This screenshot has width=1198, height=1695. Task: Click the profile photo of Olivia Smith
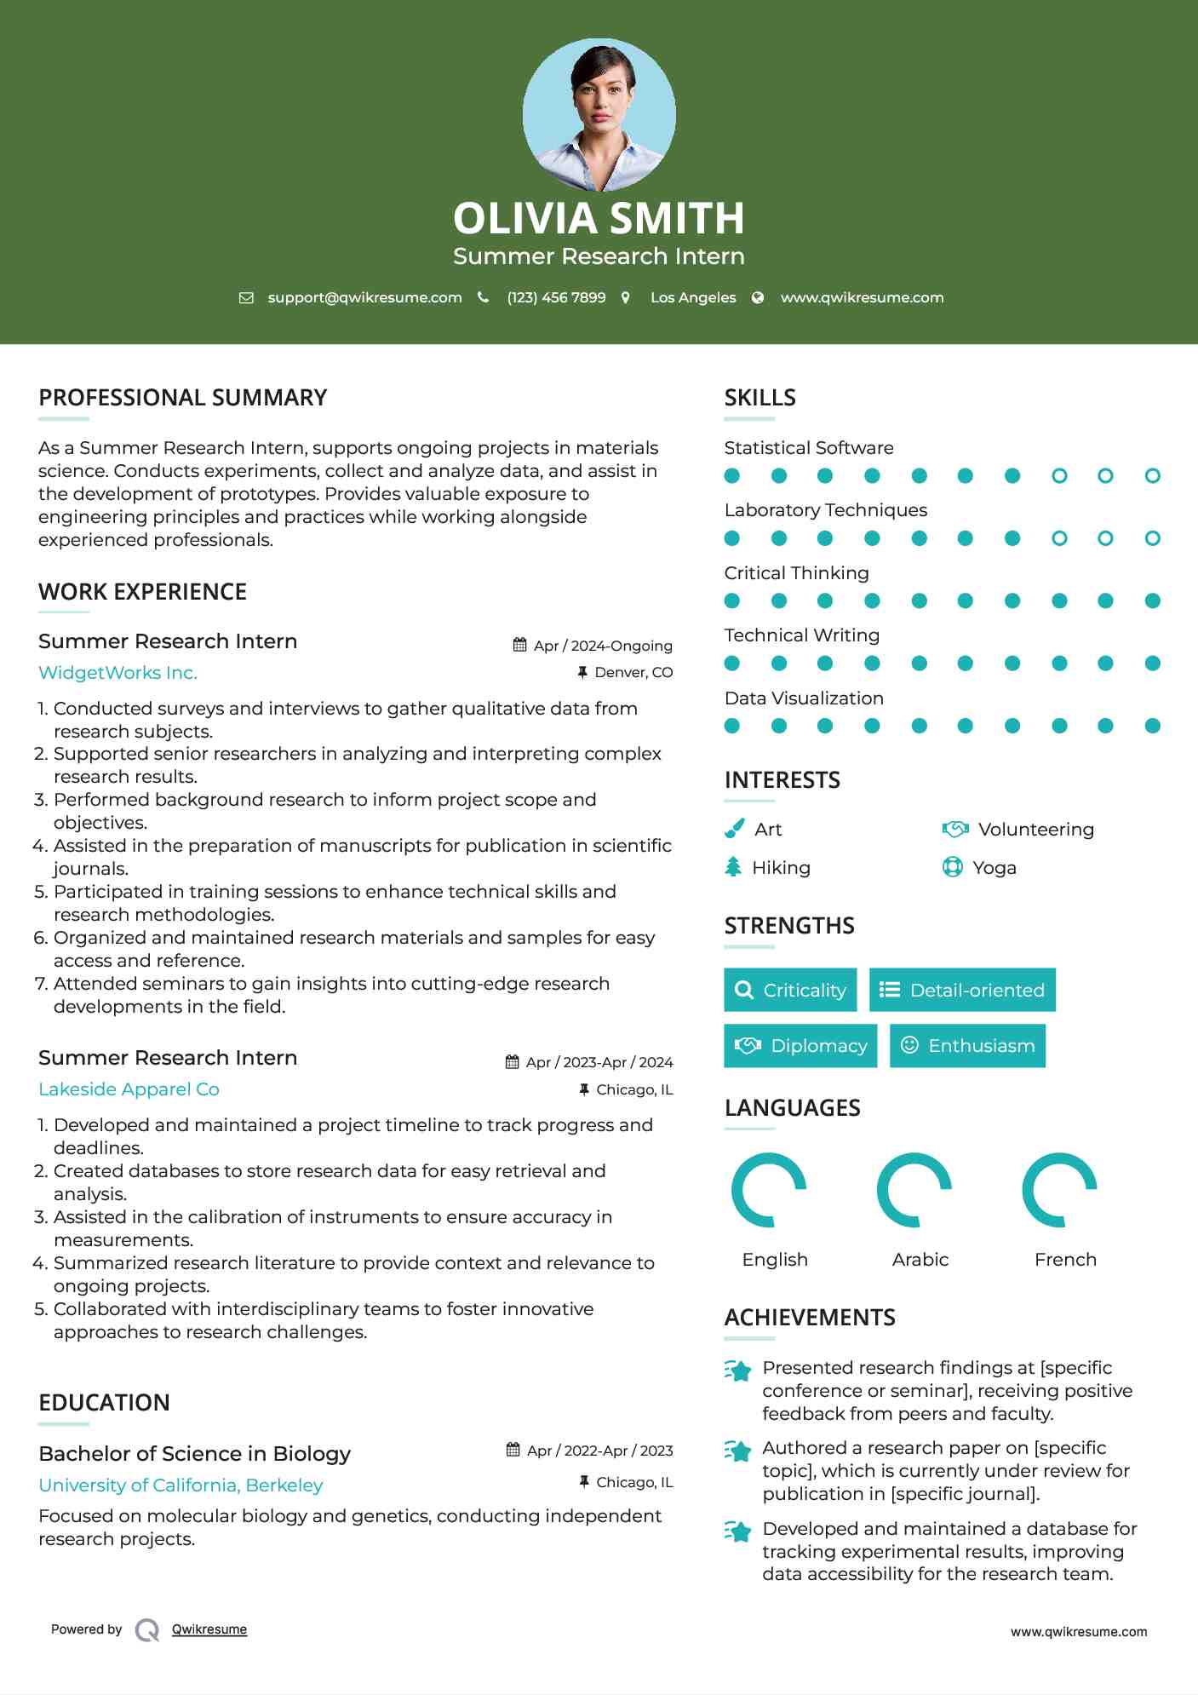coord(599,114)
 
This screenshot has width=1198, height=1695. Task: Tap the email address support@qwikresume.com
coord(364,297)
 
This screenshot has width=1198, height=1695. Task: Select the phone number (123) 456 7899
coord(556,297)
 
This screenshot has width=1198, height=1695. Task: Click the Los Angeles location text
coord(692,297)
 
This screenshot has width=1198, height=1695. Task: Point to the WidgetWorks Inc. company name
coord(118,673)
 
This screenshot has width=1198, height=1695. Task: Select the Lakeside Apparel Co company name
coord(129,1089)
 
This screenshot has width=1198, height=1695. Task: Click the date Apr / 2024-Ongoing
coord(602,646)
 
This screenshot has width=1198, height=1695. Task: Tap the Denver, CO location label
coord(633,672)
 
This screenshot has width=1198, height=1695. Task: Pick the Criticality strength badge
coord(790,990)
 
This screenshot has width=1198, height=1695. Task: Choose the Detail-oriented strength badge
coord(962,990)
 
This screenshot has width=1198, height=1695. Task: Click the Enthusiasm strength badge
coord(967,1046)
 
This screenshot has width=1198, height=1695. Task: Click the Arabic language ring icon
coord(914,1190)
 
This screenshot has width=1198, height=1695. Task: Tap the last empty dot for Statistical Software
coord(1152,475)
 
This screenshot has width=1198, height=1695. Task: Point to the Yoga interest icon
coord(952,867)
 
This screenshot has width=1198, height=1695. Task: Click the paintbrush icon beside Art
coord(734,829)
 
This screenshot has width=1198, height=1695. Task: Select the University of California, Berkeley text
coord(181,1485)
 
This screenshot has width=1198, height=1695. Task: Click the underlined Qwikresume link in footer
coord(209,1629)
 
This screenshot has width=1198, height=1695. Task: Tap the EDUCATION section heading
coord(104,1403)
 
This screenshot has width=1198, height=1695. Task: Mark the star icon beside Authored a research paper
coord(737,1451)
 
